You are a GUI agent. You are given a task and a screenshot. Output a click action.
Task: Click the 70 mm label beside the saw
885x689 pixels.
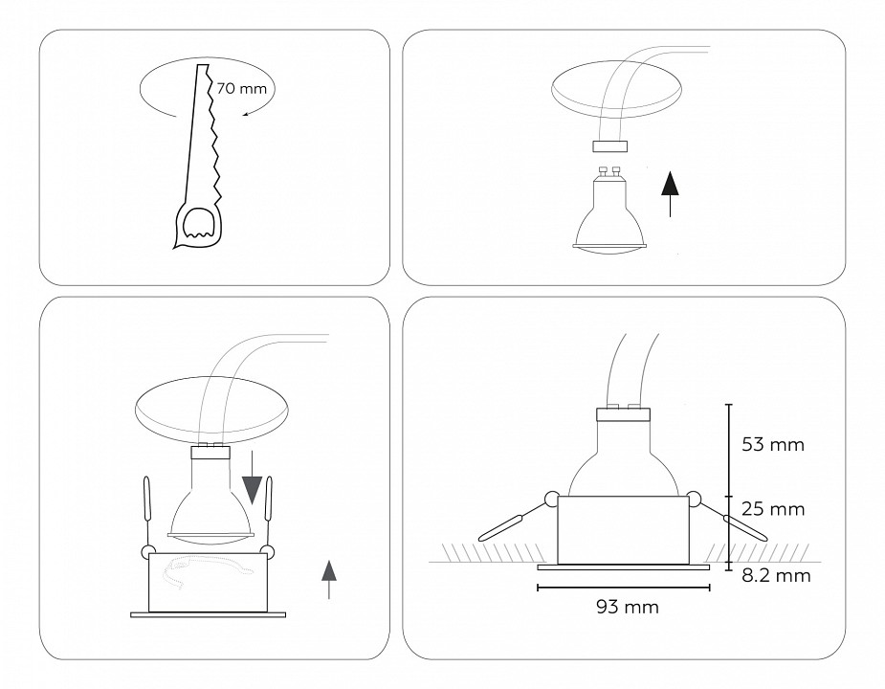coord(241,88)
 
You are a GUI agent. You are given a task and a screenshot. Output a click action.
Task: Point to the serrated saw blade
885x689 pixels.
coord(212,134)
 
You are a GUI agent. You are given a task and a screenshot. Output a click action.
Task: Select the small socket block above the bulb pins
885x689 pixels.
coord(609,146)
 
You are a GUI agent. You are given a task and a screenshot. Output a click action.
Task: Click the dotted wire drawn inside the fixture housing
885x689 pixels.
coord(207,578)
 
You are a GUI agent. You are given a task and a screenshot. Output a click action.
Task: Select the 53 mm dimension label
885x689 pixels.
coord(772,445)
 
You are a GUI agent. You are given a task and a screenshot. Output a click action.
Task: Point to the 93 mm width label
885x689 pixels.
coord(626,607)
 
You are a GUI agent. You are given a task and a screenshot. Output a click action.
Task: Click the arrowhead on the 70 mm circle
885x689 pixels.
coord(248,114)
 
